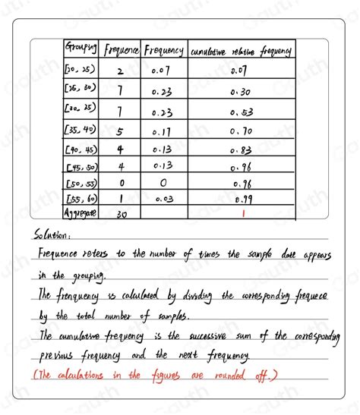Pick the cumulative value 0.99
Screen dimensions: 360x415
point(242,200)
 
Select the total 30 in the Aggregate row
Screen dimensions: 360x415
point(120,215)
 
